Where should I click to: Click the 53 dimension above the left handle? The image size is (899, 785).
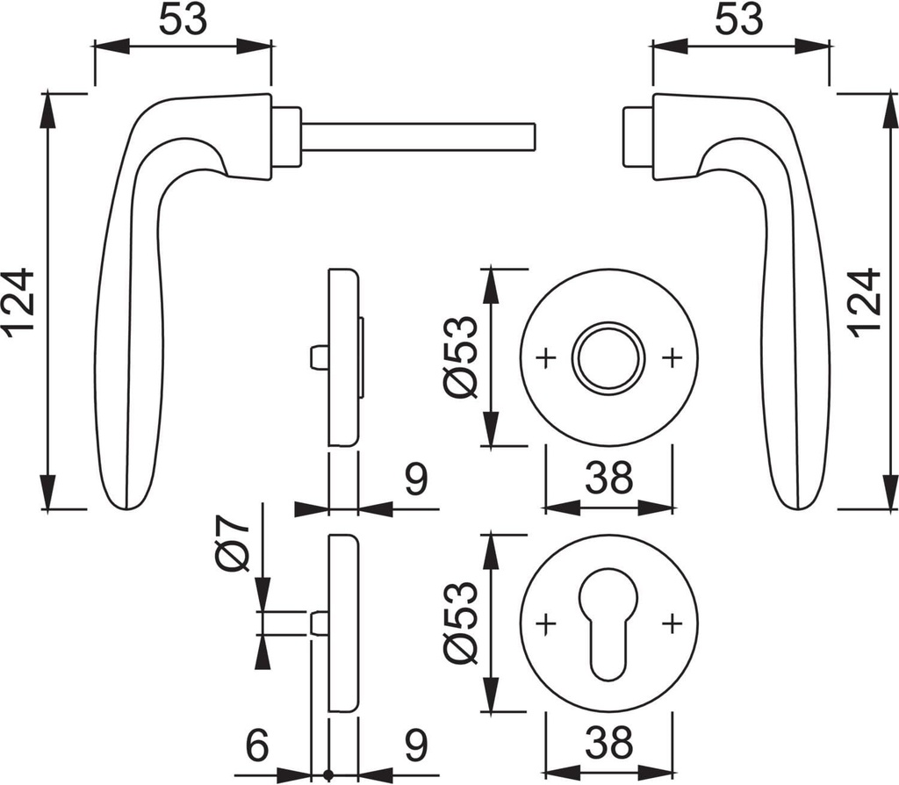pyautogui.click(x=183, y=19)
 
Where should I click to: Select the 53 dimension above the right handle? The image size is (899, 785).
pyautogui.click(x=739, y=19)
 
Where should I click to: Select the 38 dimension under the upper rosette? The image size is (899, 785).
pyautogui.click(x=608, y=479)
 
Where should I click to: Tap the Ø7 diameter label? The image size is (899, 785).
pyautogui.click(x=234, y=544)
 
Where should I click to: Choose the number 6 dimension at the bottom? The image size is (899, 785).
pyautogui.click(x=256, y=745)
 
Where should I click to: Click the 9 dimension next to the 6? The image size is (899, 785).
pyautogui.click(x=415, y=745)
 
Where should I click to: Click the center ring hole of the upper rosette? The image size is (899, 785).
pyautogui.click(x=608, y=357)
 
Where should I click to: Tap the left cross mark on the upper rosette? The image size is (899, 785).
pyautogui.click(x=546, y=357)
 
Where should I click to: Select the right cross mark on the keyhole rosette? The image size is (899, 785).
pyautogui.click(x=672, y=623)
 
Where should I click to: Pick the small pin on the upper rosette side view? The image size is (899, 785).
pyautogui.click(x=317, y=357)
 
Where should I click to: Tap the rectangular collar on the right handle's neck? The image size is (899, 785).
pyautogui.click(x=637, y=137)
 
